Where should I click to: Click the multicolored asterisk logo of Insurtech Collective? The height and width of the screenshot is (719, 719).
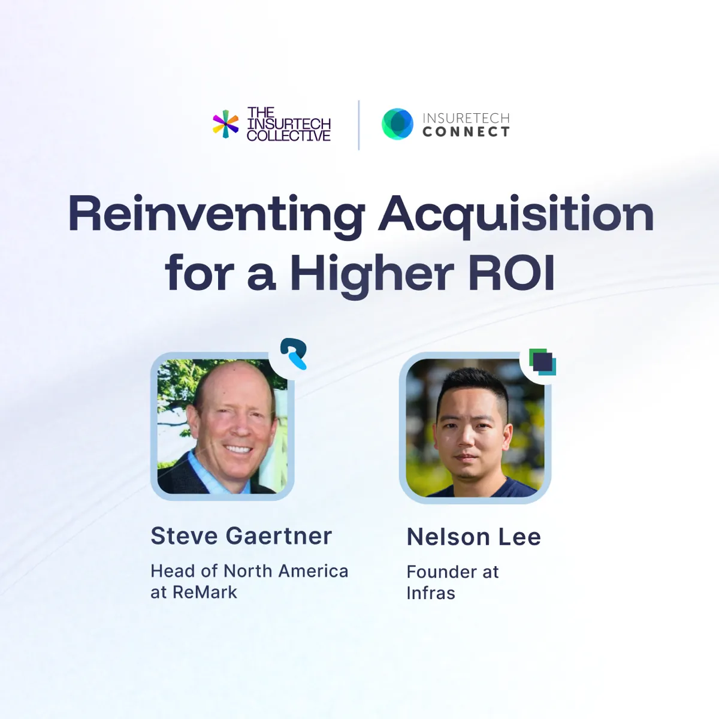(x=225, y=124)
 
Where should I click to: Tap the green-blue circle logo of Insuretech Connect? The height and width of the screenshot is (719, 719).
(x=397, y=124)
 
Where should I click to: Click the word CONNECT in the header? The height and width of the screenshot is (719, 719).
(x=466, y=132)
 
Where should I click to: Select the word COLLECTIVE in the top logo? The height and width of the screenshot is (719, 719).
(x=289, y=136)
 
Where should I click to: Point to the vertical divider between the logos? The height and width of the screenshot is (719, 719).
(x=359, y=125)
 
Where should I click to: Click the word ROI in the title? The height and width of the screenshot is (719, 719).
(x=511, y=274)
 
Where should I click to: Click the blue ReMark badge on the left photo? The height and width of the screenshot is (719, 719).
(x=294, y=354)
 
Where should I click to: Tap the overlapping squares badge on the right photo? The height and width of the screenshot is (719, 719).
(x=542, y=362)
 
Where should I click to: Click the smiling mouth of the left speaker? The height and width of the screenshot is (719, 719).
(x=238, y=449)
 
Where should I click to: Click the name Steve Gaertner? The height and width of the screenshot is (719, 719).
(x=241, y=536)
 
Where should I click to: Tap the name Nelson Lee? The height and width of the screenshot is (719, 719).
(x=473, y=537)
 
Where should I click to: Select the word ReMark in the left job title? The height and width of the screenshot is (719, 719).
(x=205, y=592)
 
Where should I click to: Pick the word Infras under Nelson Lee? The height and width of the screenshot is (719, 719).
(x=431, y=593)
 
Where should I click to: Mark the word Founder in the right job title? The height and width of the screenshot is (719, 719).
(x=441, y=572)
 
